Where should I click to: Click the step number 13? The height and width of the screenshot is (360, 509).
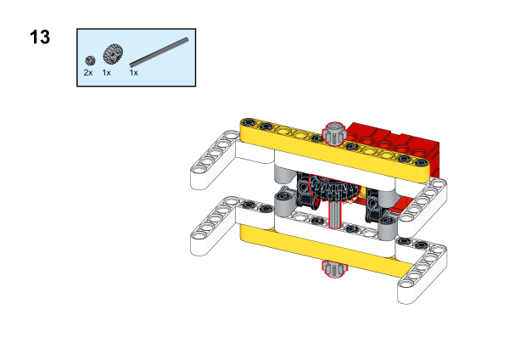point(40,37)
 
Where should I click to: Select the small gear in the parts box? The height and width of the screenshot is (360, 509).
point(90,60)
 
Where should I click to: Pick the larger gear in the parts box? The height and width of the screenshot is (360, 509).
point(113,54)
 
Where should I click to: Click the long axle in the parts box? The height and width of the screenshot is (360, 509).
point(159,53)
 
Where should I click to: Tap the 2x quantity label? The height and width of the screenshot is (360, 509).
point(88,73)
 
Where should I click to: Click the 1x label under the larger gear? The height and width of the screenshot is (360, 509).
point(106,73)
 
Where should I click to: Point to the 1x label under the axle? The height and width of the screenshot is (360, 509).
point(133,73)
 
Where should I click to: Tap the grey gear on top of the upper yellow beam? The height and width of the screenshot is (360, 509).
point(334,132)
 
